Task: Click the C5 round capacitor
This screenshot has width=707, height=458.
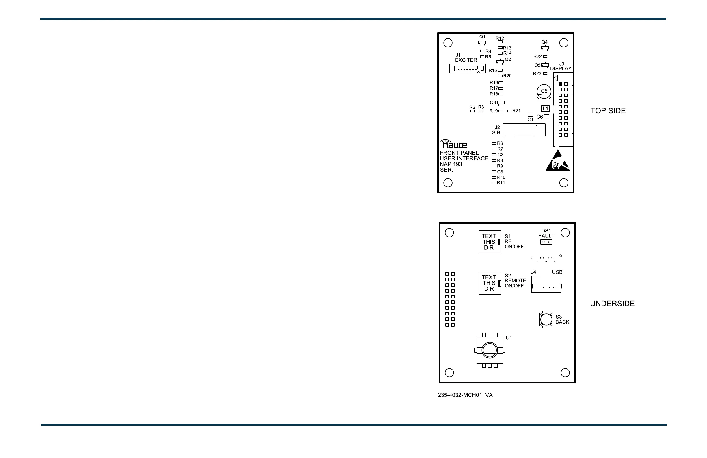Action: tap(544, 91)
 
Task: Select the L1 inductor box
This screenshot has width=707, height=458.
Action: tap(545, 108)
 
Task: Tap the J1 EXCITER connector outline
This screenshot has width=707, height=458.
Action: tap(467, 69)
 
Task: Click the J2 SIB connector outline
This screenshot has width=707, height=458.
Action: tap(524, 130)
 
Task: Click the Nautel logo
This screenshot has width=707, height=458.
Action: tap(455, 145)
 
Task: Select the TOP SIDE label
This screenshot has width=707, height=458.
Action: tap(608, 111)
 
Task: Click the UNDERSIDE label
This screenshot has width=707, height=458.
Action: tap(612, 303)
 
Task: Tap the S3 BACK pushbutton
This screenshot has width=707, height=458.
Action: tap(546, 320)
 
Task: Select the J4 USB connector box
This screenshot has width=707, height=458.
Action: tap(546, 284)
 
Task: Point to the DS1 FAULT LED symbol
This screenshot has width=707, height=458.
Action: tap(546, 242)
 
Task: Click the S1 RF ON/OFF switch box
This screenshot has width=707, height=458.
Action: tap(490, 242)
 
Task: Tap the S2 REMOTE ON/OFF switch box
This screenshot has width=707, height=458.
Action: tap(490, 283)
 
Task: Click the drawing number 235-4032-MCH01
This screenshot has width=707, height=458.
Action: tap(459, 395)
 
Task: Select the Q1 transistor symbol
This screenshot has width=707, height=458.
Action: tap(482, 43)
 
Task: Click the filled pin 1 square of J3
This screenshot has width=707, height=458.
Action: tap(560, 84)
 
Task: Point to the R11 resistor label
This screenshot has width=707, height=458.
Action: tap(501, 183)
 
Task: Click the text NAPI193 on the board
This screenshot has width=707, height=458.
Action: tap(451, 164)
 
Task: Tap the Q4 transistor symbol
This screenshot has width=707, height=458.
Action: tap(545, 48)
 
